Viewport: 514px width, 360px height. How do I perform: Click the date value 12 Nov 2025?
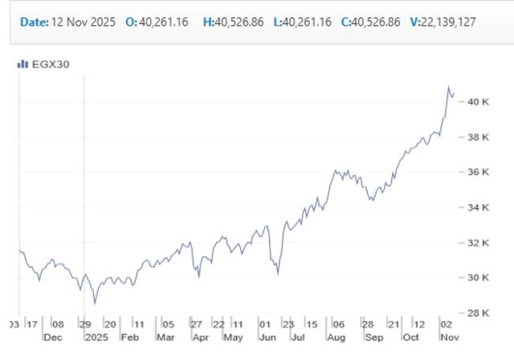click(x=84, y=22)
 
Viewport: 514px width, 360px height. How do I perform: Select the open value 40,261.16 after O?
click(x=165, y=22)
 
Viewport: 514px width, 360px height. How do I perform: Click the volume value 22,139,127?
click(x=448, y=22)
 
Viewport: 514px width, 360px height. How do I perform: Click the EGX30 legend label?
click(x=49, y=64)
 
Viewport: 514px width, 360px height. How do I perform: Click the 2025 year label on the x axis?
click(x=96, y=337)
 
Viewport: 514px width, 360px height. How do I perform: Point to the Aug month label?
click(x=336, y=337)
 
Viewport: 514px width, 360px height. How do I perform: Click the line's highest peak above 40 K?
click(x=449, y=87)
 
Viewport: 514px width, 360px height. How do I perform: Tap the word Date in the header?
click(x=33, y=22)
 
